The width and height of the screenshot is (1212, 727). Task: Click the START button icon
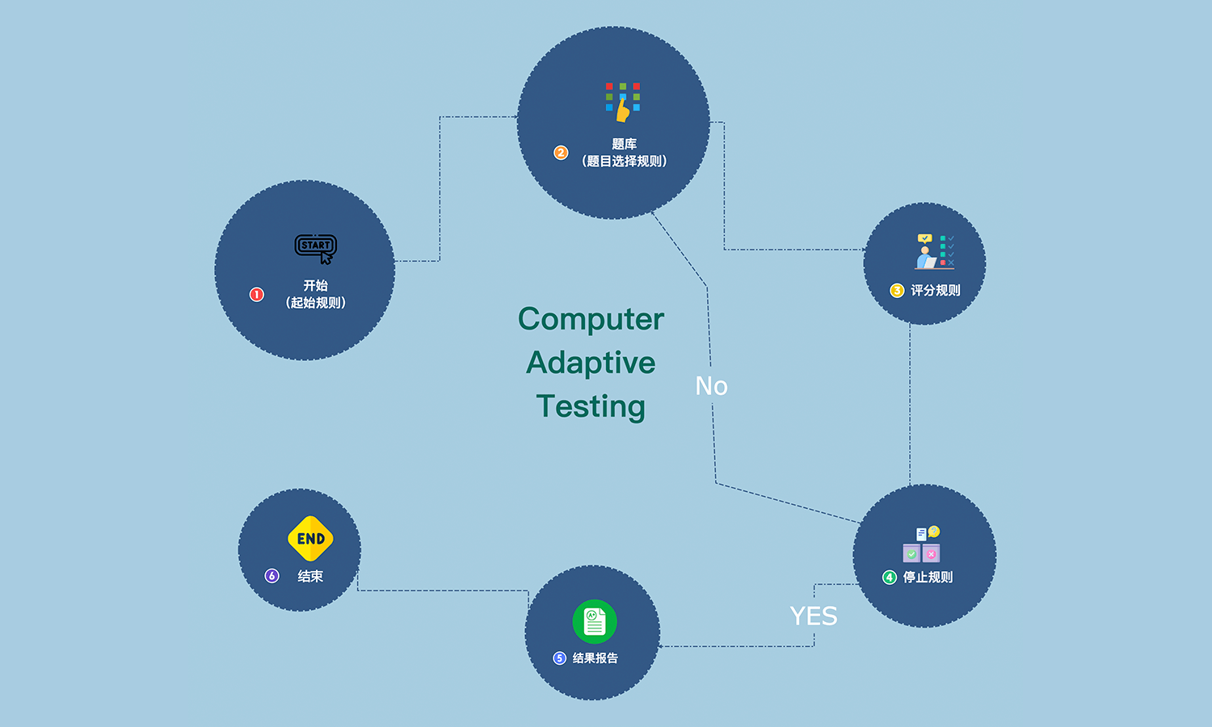(x=316, y=247)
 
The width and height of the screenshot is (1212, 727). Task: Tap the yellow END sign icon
(x=310, y=539)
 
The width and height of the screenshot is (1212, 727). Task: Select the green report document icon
(x=595, y=621)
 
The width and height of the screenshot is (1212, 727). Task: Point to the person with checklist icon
(x=935, y=251)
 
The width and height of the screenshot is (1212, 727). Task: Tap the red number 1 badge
(x=257, y=295)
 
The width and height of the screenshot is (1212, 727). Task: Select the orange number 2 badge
(x=561, y=153)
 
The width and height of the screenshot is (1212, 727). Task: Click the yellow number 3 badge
(x=897, y=291)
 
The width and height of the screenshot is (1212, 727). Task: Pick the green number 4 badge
(x=890, y=578)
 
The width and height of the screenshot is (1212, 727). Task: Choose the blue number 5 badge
(x=559, y=658)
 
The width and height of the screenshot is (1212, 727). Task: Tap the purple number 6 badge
(x=272, y=576)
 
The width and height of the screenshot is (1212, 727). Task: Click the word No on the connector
(x=712, y=386)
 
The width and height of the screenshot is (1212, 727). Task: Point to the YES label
(x=814, y=616)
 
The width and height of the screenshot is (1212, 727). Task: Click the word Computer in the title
(x=591, y=319)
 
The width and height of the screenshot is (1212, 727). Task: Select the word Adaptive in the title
(x=591, y=363)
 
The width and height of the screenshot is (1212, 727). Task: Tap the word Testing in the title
(x=591, y=406)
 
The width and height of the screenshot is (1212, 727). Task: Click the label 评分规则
(x=936, y=291)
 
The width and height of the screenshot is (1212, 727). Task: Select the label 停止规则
(x=928, y=578)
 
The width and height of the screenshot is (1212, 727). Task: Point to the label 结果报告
(x=595, y=658)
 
